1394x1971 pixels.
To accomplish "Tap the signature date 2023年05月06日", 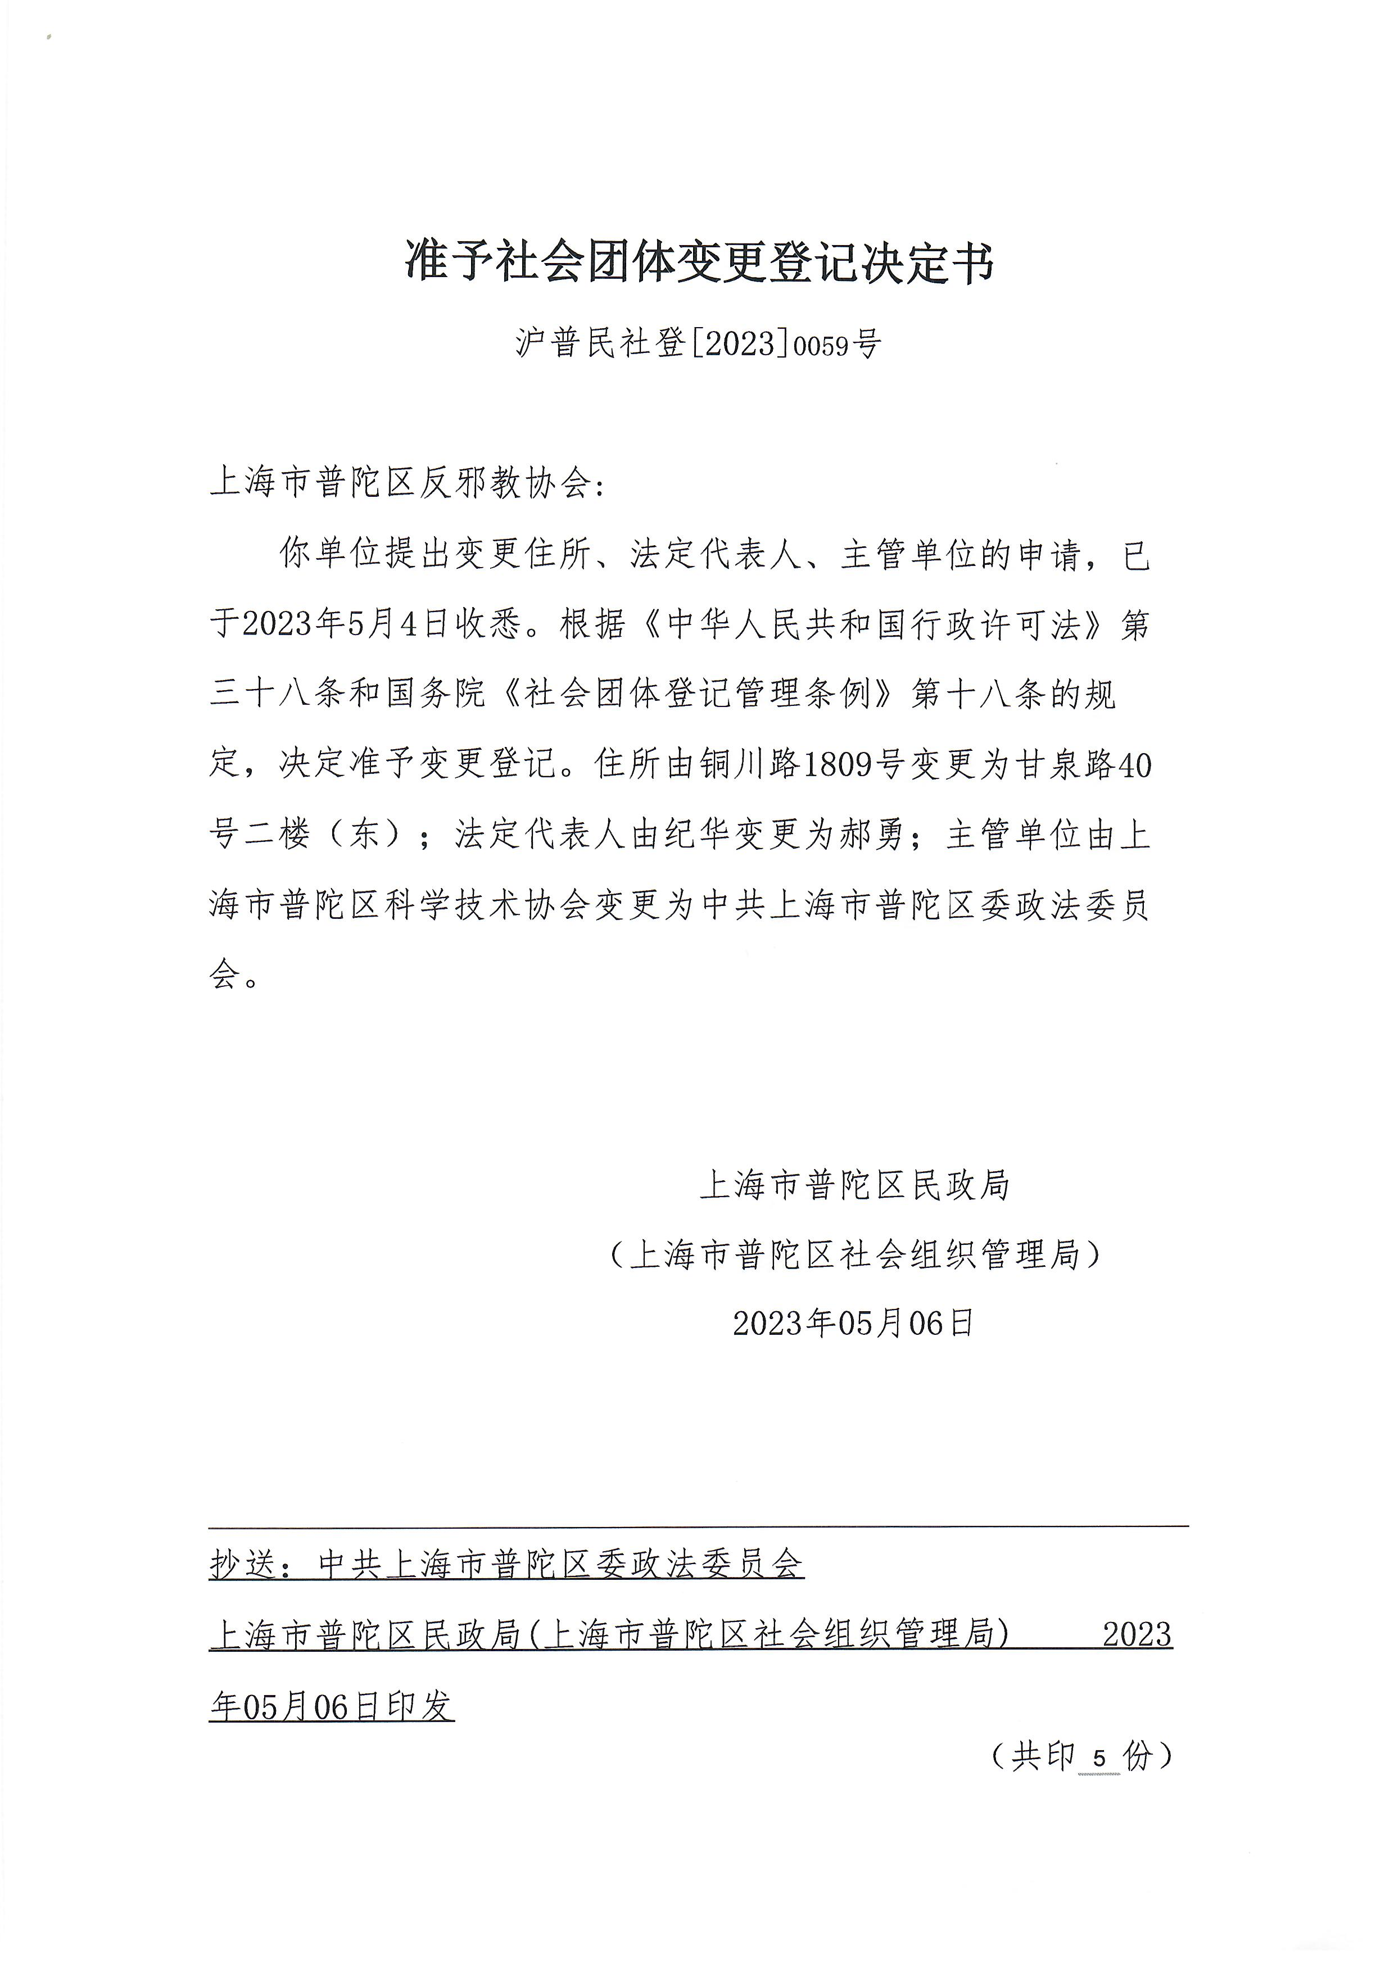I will click(853, 1323).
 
